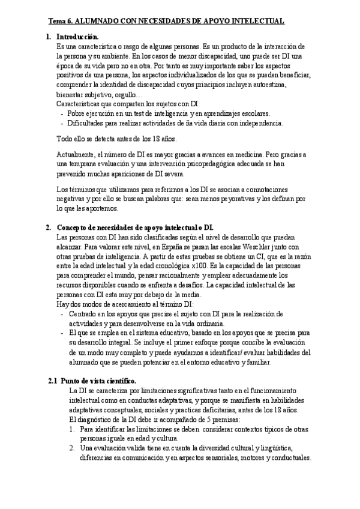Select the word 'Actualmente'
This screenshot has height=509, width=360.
click(75, 155)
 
